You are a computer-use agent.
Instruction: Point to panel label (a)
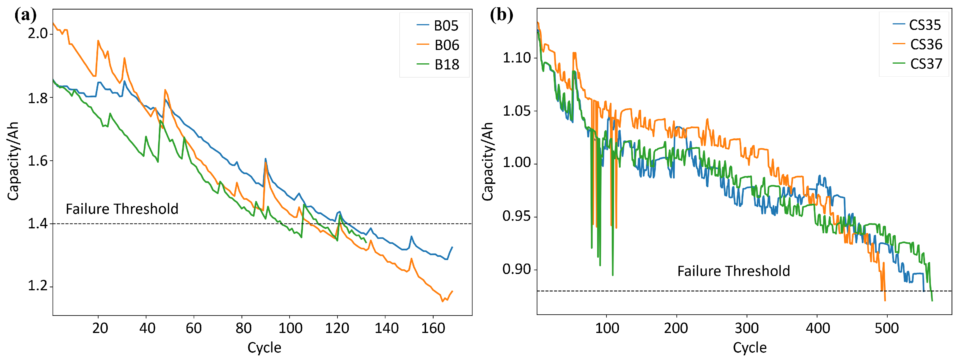(26, 15)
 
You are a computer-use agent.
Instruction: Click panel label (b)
(501, 15)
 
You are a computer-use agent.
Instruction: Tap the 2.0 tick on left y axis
(38, 34)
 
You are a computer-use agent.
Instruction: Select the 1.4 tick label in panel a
(38, 224)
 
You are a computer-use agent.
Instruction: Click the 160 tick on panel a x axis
(433, 329)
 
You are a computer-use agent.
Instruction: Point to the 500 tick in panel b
(886, 329)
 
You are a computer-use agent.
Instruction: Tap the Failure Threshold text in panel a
(122, 209)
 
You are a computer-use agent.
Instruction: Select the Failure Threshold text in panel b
(733, 271)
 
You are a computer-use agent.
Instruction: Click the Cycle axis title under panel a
(264, 348)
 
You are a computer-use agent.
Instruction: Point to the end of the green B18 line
(366, 243)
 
